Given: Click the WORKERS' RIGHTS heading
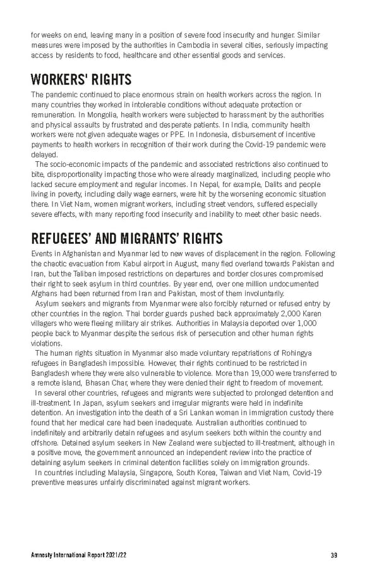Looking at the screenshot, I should [x=81, y=80].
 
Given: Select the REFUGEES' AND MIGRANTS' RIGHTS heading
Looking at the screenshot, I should [x=126, y=238].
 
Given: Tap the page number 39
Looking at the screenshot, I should [x=333, y=555].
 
